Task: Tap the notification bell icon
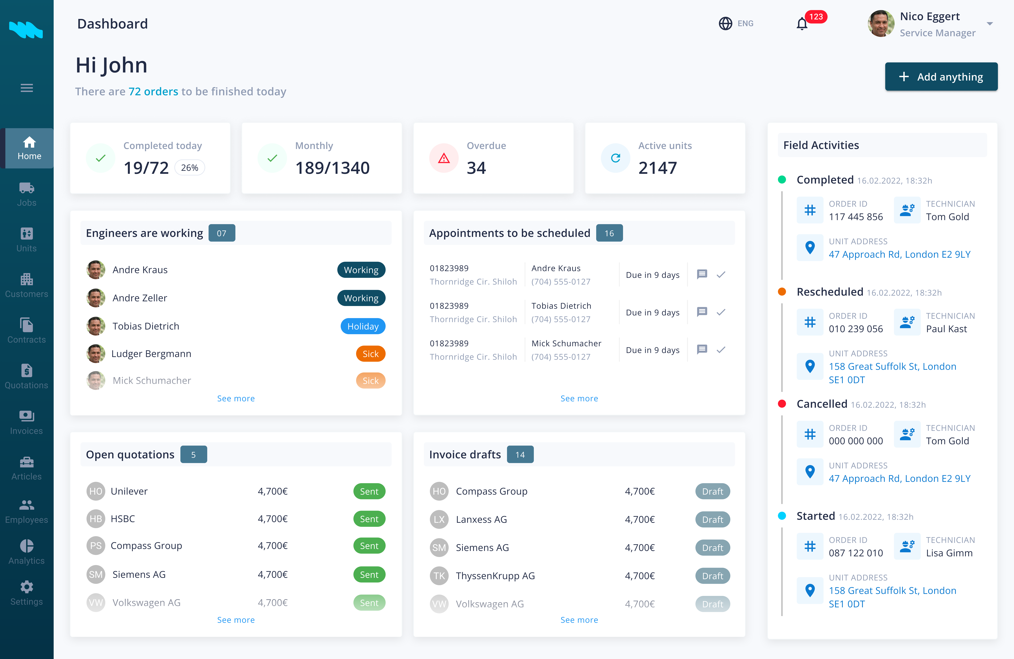802,24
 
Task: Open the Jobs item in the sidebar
26,194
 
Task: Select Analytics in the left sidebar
26,552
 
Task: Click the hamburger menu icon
26,88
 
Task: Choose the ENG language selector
736,23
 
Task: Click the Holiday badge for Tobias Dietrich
363,326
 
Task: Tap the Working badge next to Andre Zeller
361,298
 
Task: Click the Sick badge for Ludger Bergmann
370,354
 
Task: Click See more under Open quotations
236,620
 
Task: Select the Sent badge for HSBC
369,519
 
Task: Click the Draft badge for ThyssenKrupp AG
712,576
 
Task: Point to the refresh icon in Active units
615,158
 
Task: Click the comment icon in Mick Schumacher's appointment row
702,349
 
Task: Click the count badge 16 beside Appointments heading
609,233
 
